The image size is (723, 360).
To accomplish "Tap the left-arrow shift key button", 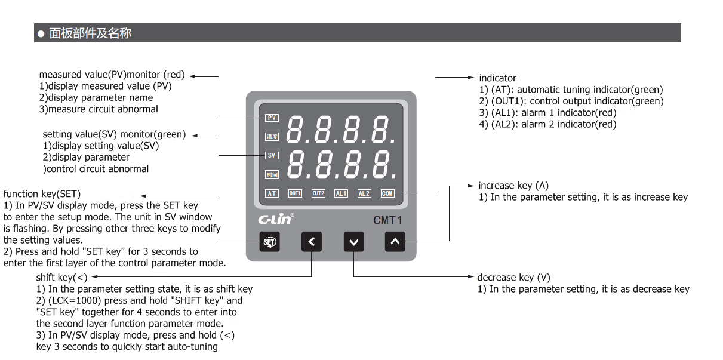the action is pyautogui.click(x=312, y=242).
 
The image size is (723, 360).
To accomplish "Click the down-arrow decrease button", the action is pyautogui.click(x=354, y=242).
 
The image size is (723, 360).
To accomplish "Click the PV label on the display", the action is pyautogui.click(x=272, y=118).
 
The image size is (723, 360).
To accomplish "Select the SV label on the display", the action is pyautogui.click(x=272, y=156).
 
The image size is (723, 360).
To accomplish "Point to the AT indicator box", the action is pyautogui.click(x=272, y=193).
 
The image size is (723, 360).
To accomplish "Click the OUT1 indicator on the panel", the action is pyautogui.click(x=295, y=193).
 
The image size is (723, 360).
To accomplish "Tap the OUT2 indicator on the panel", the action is pyautogui.click(x=318, y=193).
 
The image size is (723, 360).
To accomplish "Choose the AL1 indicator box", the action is pyautogui.click(x=341, y=193).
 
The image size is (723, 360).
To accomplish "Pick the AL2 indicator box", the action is pyautogui.click(x=364, y=193).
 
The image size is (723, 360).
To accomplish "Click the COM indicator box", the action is pyautogui.click(x=387, y=193).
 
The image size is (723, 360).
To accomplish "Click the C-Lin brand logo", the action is pyautogui.click(x=276, y=219).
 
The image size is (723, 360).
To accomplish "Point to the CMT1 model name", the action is pyautogui.click(x=387, y=220).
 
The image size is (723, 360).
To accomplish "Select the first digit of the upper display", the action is pyautogui.click(x=295, y=130).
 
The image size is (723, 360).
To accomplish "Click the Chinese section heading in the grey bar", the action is pyautogui.click(x=90, y=33).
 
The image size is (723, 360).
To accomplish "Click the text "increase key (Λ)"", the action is pyautogui.click(x=513, y=186).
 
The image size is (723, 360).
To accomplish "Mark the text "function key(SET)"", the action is pyautogui.click(x=42, y=194).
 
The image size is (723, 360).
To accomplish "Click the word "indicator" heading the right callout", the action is pyautogui.click(x=498, y=78).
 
